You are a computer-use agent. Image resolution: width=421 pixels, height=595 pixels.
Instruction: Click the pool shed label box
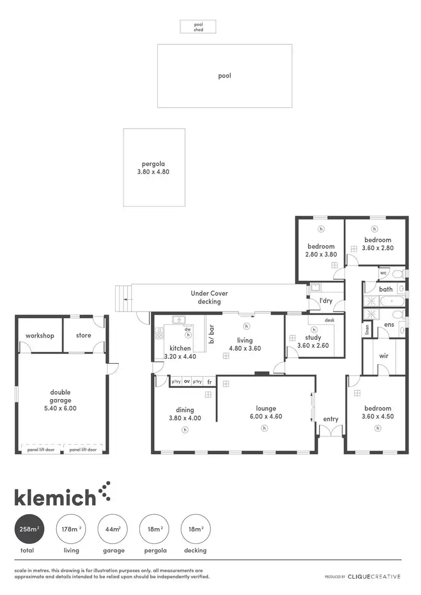point(198,26)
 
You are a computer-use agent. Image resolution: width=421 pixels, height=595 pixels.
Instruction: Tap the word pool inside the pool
point(225,76)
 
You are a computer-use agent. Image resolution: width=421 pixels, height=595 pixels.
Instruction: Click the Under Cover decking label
point(209,297)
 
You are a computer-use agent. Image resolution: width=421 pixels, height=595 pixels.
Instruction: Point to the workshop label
point(40,336)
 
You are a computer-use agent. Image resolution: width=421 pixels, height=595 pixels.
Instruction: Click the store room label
point(84,336)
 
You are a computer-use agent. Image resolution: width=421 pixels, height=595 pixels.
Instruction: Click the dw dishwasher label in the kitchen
point(187,329)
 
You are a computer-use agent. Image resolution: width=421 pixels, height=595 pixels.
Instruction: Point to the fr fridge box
point(210,382)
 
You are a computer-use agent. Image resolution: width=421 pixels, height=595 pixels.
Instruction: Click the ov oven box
point(187,382)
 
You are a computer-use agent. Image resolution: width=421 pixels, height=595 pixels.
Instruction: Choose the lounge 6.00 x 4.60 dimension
point(266,417)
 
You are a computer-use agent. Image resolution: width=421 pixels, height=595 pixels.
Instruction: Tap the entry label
point(331,419)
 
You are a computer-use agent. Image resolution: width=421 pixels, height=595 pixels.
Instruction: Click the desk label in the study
point(330,320)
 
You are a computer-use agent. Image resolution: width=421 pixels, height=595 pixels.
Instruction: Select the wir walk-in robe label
point(384,356)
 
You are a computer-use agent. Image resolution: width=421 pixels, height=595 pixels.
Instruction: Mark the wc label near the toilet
point(384,273)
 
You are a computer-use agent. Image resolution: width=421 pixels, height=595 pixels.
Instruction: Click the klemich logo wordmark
point(55,497)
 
